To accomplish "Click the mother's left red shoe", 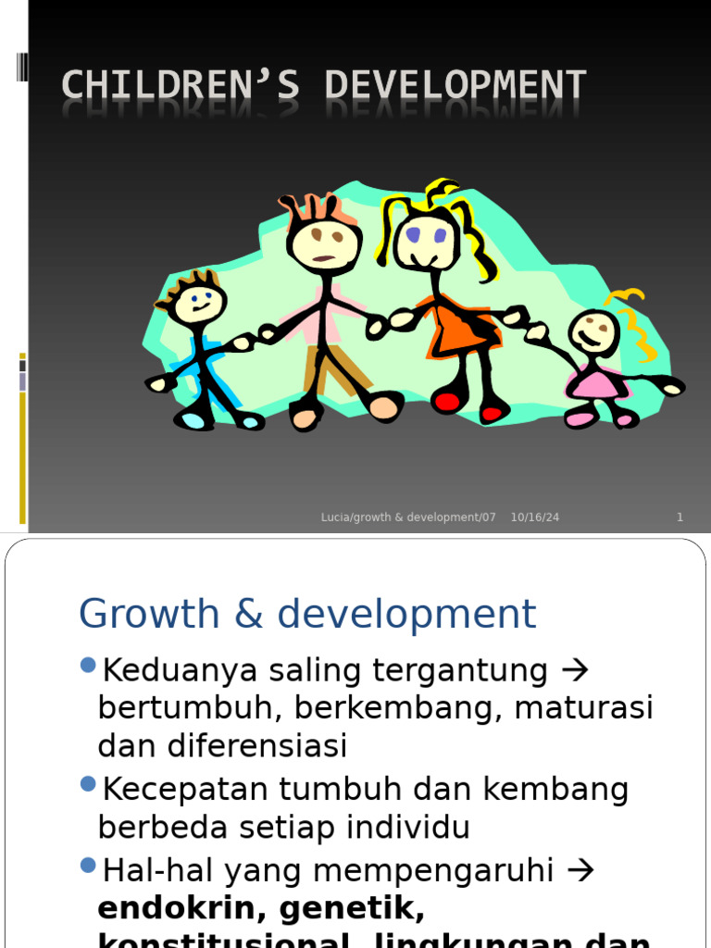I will coord(447,403).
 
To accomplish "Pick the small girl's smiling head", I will coord(593,331).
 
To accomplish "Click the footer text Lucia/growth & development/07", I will coord(408,518).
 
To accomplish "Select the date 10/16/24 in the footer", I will coord(535,518).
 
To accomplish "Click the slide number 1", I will coord(680,518).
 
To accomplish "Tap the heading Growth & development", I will coord(307,614).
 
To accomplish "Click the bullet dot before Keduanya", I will coord(89,665).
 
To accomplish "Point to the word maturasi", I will coord(584,708).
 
